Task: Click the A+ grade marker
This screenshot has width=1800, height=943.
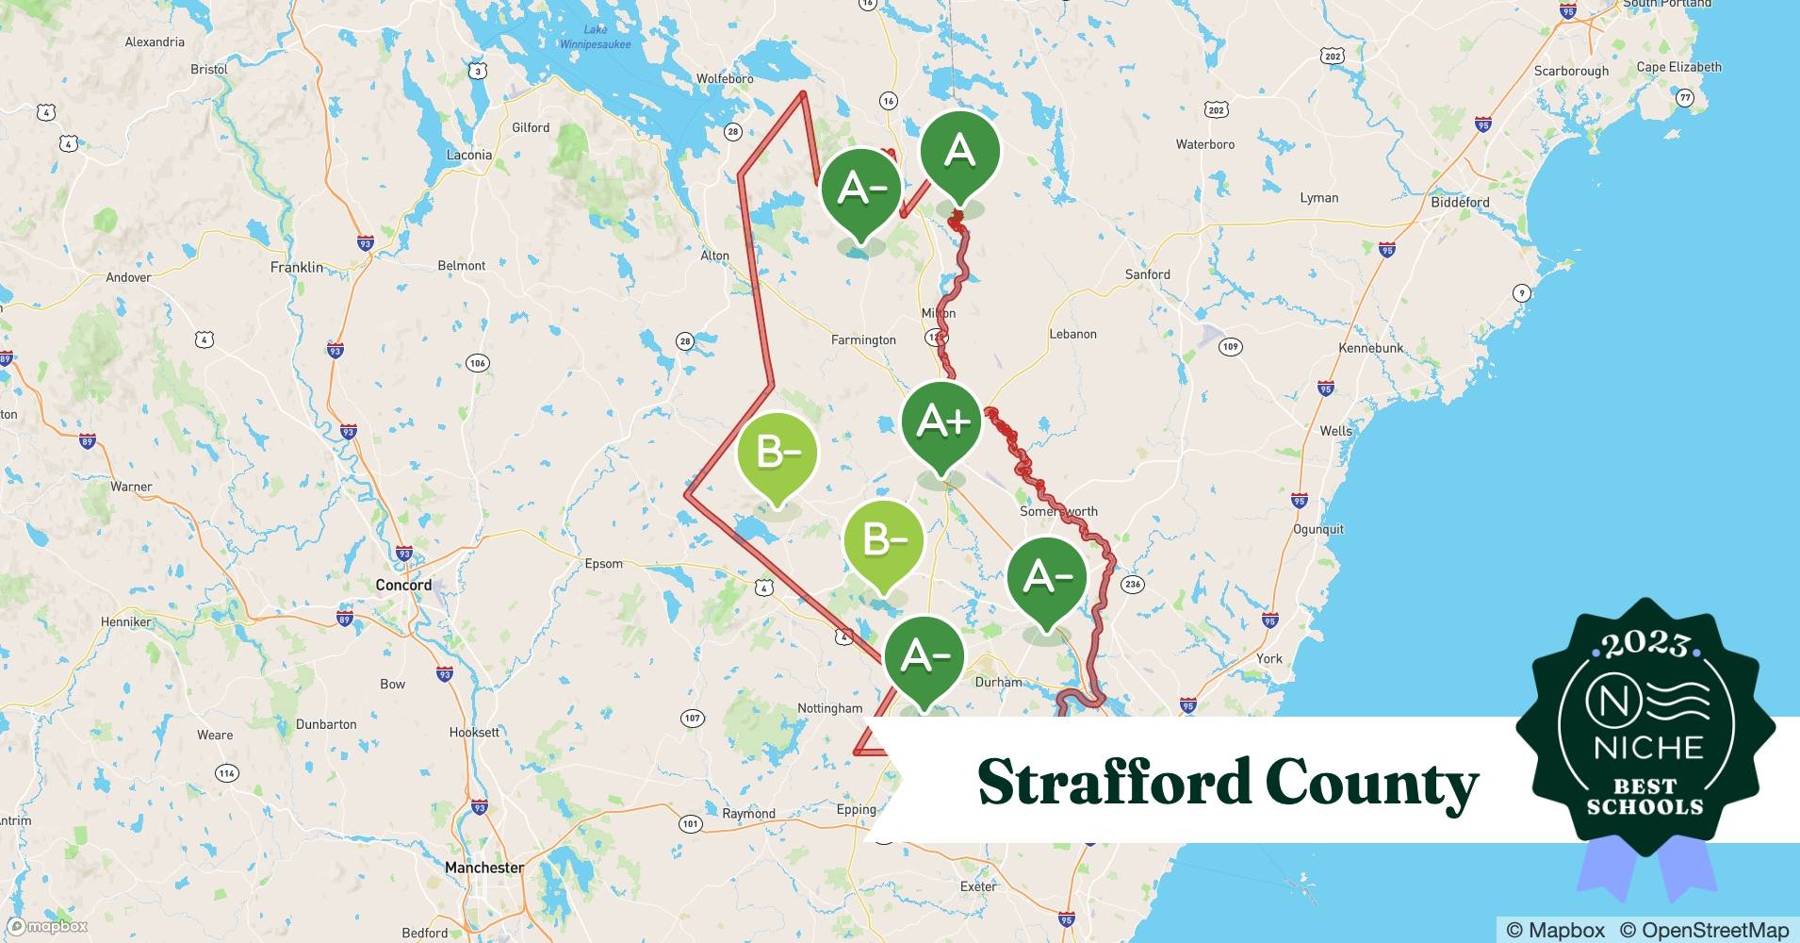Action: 941,422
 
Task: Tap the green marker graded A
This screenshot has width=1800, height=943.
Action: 959,151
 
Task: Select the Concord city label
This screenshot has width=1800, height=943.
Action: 403,585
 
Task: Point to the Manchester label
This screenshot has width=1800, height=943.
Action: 484,867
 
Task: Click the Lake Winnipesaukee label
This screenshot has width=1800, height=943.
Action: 596,37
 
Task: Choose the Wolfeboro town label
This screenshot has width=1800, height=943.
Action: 725,78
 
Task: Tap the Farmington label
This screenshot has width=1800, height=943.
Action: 863,339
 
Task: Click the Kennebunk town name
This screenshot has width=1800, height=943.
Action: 1371,348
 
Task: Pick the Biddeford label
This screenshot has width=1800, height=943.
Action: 1460,202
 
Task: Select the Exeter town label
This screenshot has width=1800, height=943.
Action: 978,886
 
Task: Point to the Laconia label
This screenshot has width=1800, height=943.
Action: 468,155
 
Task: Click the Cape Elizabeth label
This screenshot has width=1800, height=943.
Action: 1678,67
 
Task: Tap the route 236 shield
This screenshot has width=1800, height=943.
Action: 1133,584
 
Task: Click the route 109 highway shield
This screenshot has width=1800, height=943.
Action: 1230,346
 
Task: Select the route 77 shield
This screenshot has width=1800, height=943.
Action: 1685,97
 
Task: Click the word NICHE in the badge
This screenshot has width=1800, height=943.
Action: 1648,748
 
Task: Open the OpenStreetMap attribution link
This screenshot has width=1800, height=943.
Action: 1704,930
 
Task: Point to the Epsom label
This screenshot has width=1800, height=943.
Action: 603,564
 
